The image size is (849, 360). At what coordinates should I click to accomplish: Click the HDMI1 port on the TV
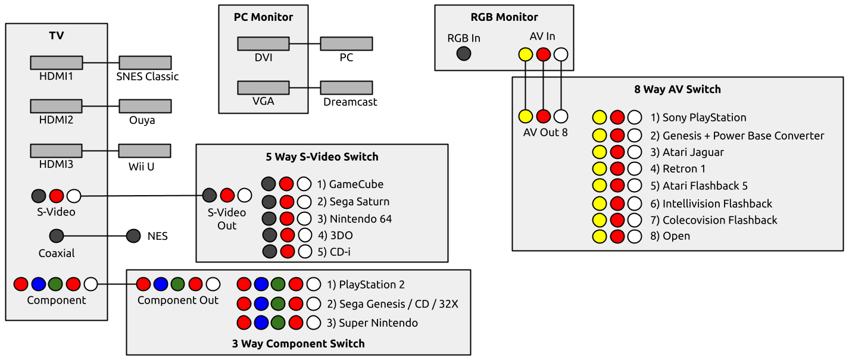(x=56, y=62)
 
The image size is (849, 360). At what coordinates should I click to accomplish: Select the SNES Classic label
(x=147, y=77)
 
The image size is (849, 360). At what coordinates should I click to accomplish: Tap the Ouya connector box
(x=145, y=106)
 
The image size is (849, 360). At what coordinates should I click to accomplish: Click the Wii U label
(x=141, y=167)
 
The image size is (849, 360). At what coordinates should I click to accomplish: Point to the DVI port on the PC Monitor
(x=263, y=43)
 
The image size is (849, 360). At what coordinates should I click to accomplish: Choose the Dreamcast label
(x=350, y=102)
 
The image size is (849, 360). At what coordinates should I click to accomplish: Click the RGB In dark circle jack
(x=464, y=54)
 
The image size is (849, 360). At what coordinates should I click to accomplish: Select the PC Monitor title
(x=263, y=17)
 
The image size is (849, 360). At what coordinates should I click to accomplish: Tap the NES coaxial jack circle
(x=133, y=236)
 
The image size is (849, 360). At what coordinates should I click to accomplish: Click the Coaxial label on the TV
(x=57, y=253)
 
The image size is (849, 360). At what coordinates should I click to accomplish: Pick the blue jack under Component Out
(x=161, y=284)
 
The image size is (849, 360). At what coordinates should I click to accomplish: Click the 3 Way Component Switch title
(x=298, y=343)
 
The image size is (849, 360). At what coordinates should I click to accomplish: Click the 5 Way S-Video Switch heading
(x=322, y=157)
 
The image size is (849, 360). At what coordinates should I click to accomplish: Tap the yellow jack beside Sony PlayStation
(x=600, y=118)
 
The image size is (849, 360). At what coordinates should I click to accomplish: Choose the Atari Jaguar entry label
(x=693, y=152)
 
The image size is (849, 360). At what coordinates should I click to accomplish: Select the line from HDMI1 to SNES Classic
(x=101, y=62)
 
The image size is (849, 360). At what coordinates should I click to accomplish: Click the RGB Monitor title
(x=504, y=17)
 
